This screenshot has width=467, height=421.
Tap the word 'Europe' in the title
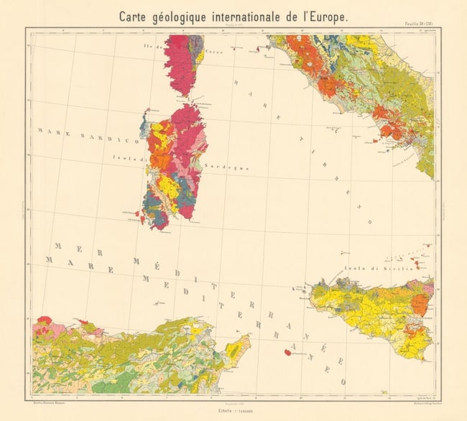click(321, 16)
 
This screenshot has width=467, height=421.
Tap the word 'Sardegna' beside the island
click(226, 166)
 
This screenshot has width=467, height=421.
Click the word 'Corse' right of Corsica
click(213, 52)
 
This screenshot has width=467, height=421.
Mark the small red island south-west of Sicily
click(287, 352)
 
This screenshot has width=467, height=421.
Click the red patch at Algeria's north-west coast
click(45, 320)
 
